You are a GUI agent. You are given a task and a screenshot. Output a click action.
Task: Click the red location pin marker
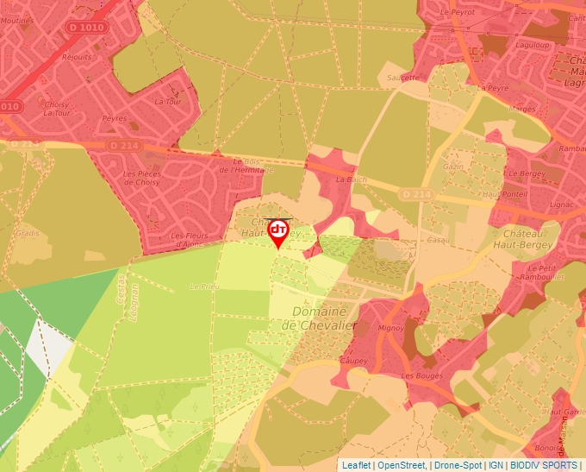coord(278,232)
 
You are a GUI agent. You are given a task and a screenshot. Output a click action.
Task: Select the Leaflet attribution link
coord(356,465)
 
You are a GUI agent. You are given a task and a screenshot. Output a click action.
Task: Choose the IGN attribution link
coord(496,465)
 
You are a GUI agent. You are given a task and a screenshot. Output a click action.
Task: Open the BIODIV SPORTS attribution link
coord(544,465)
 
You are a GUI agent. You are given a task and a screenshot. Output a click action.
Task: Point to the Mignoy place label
coord(391,329)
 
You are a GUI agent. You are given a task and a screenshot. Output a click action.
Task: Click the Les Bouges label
coord(418,376)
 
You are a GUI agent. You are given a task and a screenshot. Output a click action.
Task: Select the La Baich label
coord(351,179)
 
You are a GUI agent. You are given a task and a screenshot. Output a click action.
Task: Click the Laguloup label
coord(532,43)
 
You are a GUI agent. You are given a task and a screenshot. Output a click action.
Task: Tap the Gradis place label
coord(28,233)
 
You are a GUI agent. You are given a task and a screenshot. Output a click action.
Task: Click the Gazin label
coord(453,165)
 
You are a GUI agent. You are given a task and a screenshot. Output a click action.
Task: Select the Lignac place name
coord(562,205)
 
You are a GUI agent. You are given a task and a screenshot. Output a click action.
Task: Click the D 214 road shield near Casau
coord(415,196)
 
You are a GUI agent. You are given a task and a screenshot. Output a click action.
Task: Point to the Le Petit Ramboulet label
coord(540,273)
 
